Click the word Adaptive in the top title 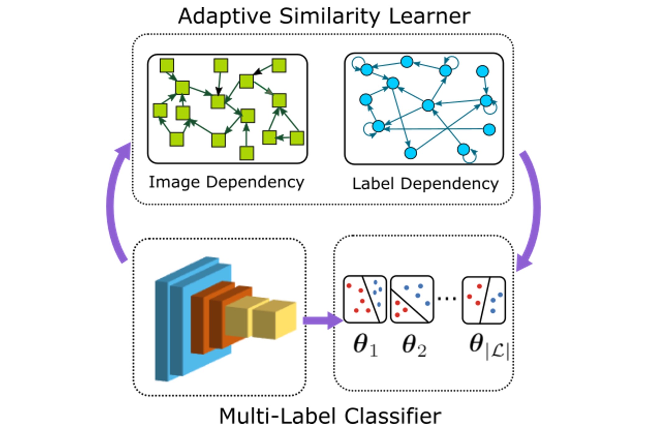pos(224,17)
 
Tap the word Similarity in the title pos(330,17)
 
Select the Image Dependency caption pos(227,182)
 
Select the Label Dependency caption pos(425,184)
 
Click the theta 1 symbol pos(365,345)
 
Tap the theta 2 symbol pos(414,345)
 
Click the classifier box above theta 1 pos(365,299)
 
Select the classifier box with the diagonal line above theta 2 pos(412,299)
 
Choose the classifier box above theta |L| pos(484,300)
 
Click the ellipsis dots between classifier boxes pos(447,299)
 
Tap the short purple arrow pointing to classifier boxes pos(323,320)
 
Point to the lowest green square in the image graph pos(247,153)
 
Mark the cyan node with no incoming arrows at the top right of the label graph pos(482,71)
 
